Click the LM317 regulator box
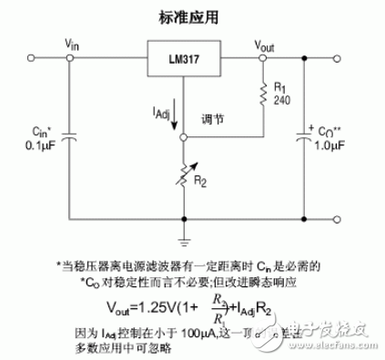click(184, 60)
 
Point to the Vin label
click(74, 44)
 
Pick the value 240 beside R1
click(281, 102)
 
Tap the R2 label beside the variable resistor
click(202, 182)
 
